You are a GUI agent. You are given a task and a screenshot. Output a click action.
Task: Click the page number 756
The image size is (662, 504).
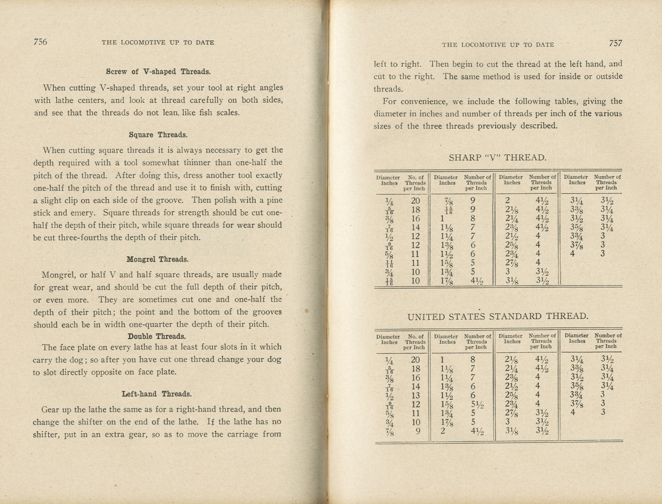(x=40, y=42)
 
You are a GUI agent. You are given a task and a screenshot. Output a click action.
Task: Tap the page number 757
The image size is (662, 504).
(x=615, y=43)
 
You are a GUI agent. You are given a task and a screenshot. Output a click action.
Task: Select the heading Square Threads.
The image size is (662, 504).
(x=158, y=135)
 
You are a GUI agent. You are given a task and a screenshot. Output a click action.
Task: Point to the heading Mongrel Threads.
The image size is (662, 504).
(x=157, y=259)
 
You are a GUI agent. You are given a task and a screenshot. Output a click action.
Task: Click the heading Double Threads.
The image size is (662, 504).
(x=157, y=337)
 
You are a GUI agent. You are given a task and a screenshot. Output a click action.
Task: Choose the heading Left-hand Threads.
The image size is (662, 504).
(x=157, y=394)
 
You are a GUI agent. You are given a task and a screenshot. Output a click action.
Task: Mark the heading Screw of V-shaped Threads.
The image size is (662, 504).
(x=158, y=72)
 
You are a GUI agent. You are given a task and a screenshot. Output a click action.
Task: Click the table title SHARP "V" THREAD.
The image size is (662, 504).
(x=498, y=158)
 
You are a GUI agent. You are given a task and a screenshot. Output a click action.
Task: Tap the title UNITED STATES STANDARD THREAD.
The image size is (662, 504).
(x=498, y=317)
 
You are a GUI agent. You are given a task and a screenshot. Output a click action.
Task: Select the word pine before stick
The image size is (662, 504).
(x=274, y=200)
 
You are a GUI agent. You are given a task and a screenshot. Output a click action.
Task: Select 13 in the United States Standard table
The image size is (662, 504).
(x=416, y=395)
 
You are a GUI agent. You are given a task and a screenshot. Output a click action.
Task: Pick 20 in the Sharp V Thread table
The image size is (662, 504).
(x=416, y=201)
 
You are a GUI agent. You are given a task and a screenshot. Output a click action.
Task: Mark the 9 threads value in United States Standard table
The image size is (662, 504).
(x=417, y=431)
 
